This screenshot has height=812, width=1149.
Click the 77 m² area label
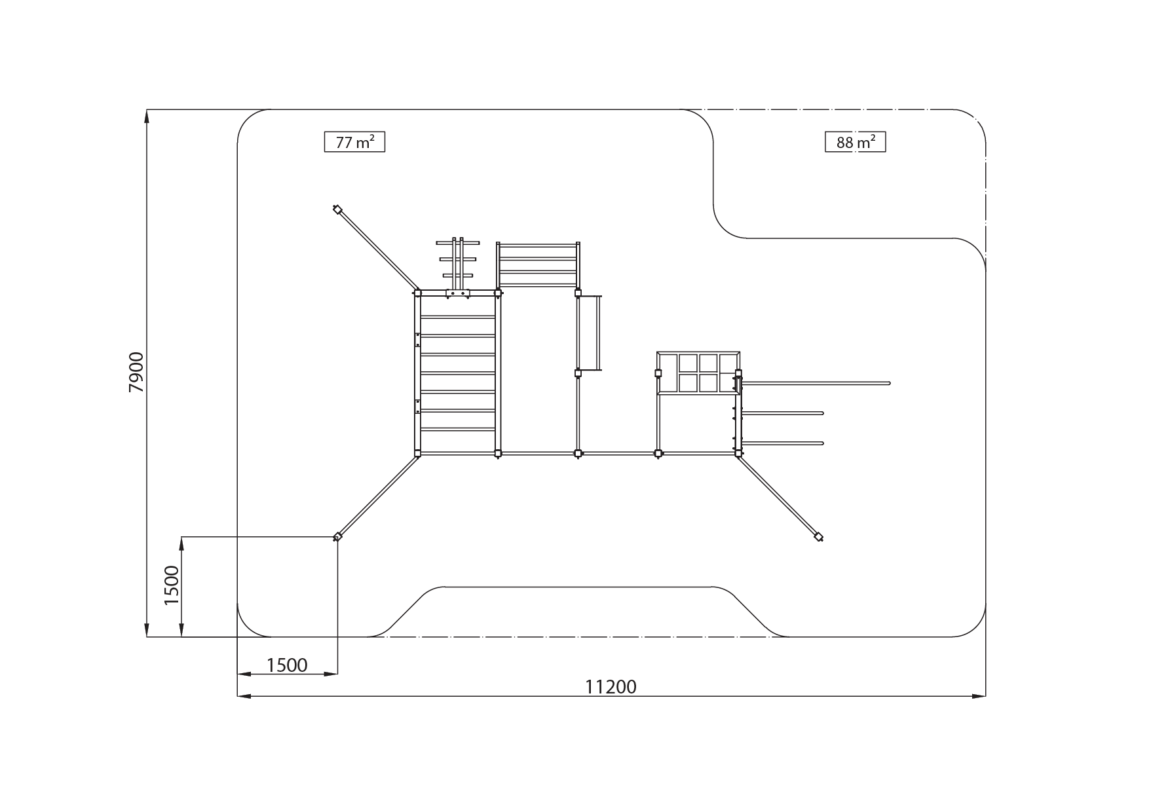click(354, 142)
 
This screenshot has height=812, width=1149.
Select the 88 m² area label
click(855, 142)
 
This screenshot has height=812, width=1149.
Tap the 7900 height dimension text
click(136, 372)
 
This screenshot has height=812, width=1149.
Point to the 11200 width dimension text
click(611, 686)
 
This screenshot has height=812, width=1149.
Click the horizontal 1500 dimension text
click(287, 665)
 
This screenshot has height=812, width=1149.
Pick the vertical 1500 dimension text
click(172, 585)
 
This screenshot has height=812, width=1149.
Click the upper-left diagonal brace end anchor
click(337, 210)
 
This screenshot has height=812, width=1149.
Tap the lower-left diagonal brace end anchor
click(337, 537)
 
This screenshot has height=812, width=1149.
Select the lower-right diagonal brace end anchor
click(818, 537)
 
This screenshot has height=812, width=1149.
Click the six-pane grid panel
click(698, 373)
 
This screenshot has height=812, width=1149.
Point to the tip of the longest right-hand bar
click(888, 382)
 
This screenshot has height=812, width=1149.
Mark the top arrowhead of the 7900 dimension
click(147, 114)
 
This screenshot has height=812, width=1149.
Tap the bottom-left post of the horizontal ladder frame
click(418, 452)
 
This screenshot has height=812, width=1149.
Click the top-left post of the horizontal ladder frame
click(418, 293)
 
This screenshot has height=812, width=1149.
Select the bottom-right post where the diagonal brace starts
click(738, 452)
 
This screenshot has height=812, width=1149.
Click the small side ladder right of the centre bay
click(590, 333)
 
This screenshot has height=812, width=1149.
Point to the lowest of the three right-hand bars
click(783, 443)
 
